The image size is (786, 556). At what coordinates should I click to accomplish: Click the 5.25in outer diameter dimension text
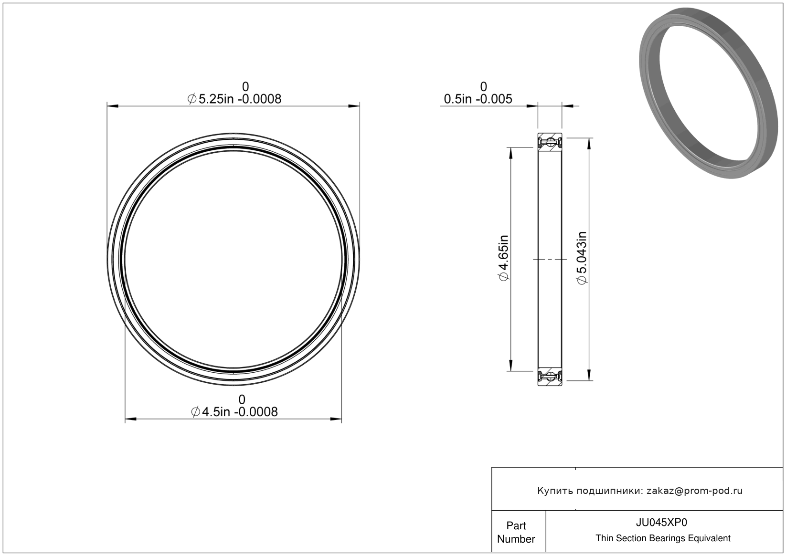click(234, 99)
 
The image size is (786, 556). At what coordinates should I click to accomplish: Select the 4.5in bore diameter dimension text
click(234, 411)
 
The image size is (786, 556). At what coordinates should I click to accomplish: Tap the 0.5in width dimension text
click(478, 99)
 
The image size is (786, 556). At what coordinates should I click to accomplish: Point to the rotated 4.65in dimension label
click(503, 258)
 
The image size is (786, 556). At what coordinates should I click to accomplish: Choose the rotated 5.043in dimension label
click(582, 258)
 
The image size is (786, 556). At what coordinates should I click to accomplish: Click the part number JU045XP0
click(661, 522)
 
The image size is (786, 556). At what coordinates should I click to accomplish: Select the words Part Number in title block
click(516, 532)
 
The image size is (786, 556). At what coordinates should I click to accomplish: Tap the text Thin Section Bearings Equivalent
click(663, 538)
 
